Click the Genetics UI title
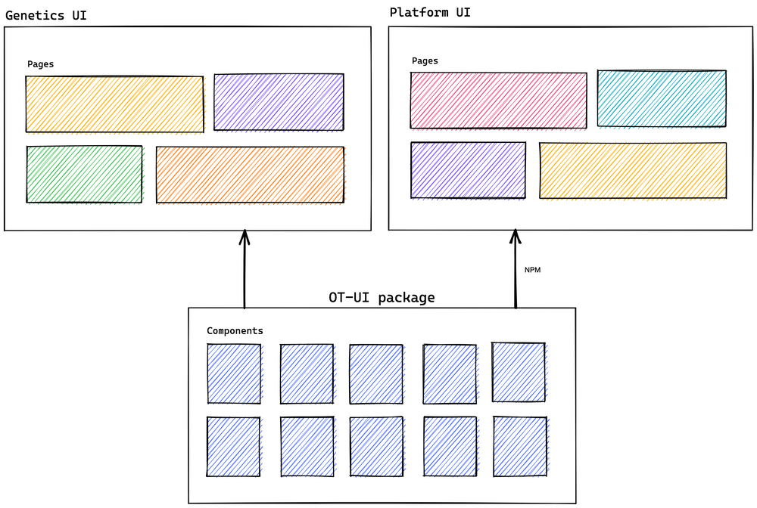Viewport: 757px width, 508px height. tap(45, 15)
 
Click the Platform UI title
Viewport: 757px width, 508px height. tap(431, 12)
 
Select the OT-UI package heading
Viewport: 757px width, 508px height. tap(382, 297)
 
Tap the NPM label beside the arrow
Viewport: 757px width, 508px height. tap(532, 269)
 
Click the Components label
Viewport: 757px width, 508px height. tap(235, 331)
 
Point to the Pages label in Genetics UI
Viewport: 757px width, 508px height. tap(40, 64)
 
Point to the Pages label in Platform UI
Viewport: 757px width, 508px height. tap(425, 60)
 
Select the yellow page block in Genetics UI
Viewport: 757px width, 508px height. tap(114, 104)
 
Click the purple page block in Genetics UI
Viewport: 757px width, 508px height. tap(279, 102)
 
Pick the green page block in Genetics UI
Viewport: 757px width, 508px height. tap(84, 174)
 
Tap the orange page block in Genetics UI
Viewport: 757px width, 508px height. tap(250, 175)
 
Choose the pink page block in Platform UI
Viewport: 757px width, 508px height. tap(498, 100)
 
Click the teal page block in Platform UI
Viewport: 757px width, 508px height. tap(662, 98)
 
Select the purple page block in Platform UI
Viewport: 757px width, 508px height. tap(468, 170)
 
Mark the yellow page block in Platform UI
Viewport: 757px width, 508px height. tap(633, 170)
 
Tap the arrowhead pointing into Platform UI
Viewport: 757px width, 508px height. tap(516, 237)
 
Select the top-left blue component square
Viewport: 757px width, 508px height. tap(234, 374)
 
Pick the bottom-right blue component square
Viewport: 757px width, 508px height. tap(520, 446)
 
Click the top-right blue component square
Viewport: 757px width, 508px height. tap(519, 372)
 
